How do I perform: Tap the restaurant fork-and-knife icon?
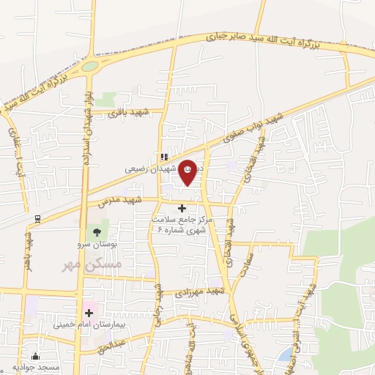click(165, 156)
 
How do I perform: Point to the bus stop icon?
click(37, 218)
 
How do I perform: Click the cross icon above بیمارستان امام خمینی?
click(90, 313)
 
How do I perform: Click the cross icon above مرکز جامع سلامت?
click(182, 209)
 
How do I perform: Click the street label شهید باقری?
click(129, 113)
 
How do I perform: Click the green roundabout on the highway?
click(89, 67)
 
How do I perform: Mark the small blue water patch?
click(284, 355)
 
